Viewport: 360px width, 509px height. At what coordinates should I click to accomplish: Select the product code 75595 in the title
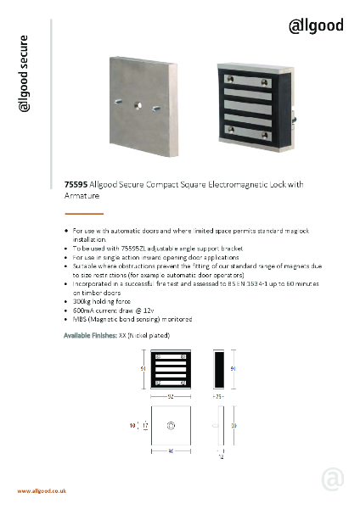(x=76, y=184)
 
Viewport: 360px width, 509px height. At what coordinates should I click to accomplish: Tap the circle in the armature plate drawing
(x=170, y=425)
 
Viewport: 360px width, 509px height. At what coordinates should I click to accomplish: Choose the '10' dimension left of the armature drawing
(x=133, y=425)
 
